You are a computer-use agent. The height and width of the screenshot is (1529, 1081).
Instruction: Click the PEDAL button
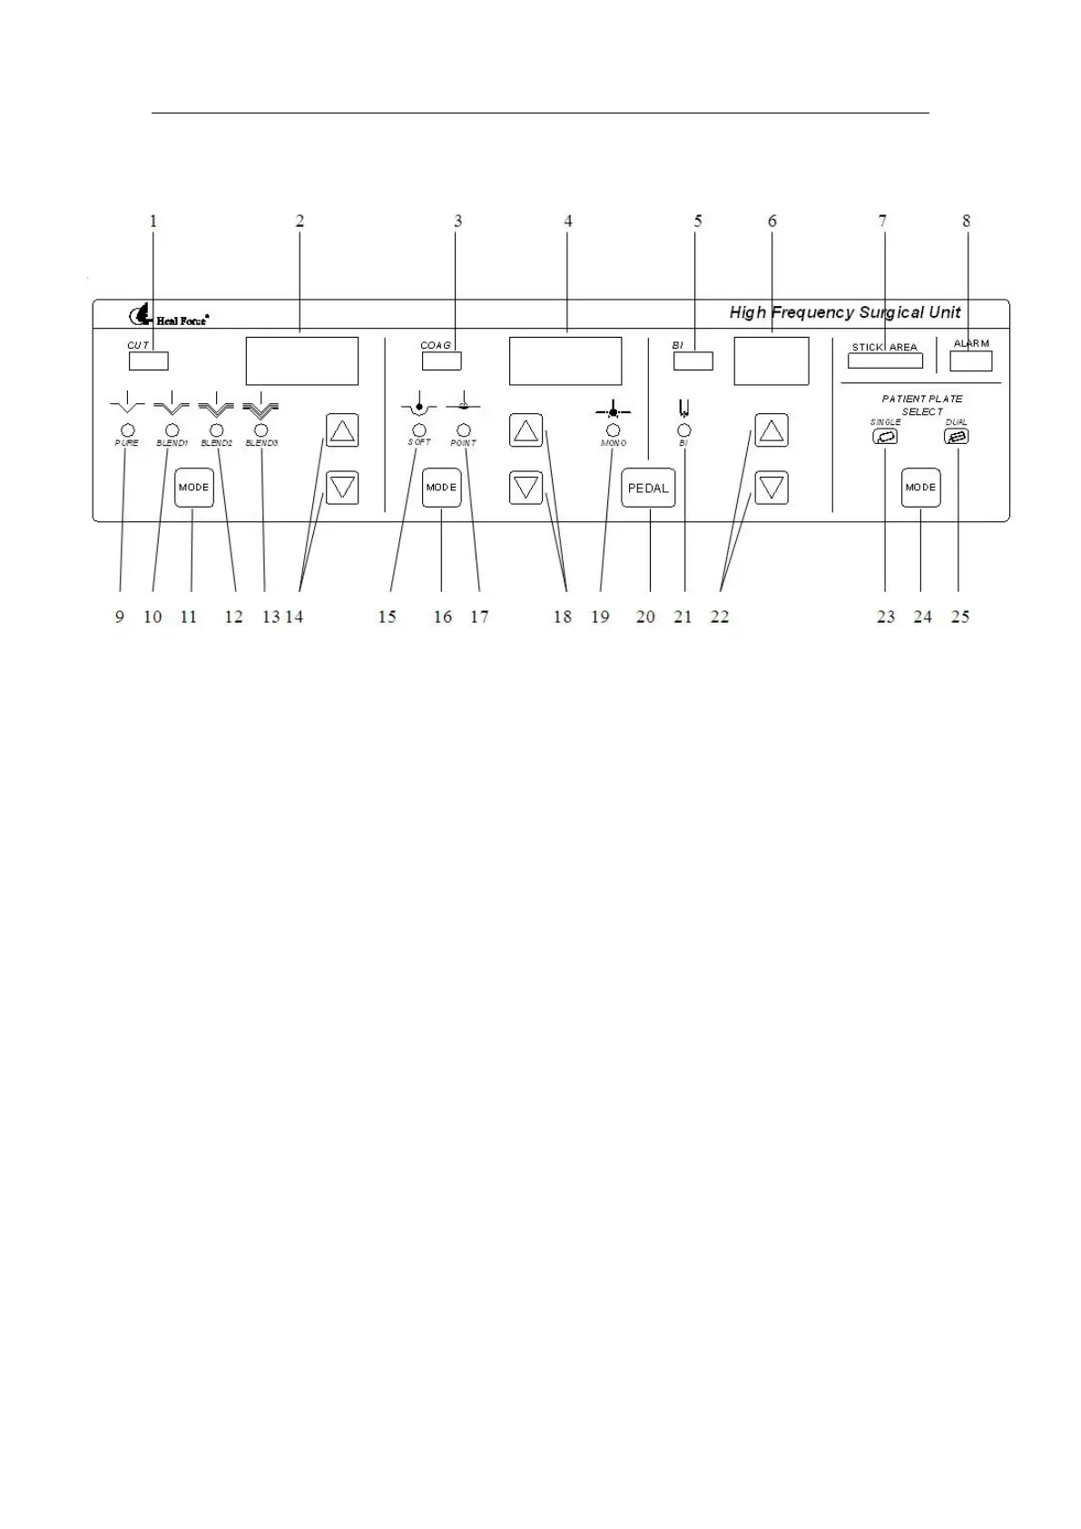pyautogui.click(x=648, y=488)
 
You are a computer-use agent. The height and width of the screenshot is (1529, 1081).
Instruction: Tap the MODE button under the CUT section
pyautogui.click(x=193, y=488)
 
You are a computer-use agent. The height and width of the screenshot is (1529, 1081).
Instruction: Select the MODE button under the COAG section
pyautogui.click(x=442, y=488)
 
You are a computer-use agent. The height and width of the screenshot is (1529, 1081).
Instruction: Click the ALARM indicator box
pyautogui.click(x=970, y=360)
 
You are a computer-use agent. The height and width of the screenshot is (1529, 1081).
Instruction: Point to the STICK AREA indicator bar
pyautogui.click(x=885, y=360)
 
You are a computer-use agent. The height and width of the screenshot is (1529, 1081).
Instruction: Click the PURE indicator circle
pyautogui.click(x=127, y=429)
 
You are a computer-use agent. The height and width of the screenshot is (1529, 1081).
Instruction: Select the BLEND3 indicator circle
pyautogui.click(x=261, y=429)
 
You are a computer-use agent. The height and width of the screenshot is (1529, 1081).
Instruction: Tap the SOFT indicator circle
pyautogui.click(x=418, y=429)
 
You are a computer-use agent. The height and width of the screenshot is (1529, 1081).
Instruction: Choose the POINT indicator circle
pyautogui.click(x=463, y=429)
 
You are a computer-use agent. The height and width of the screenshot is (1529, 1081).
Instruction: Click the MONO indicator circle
pyautogui.click(x=614, y=429)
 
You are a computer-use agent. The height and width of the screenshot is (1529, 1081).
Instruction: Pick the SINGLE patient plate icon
pyautogui.click(x=885, y=437)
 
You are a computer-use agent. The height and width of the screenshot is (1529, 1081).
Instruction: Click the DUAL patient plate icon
pyautogui.click(x=957, y=437)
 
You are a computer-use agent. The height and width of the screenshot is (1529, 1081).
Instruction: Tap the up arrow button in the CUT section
pyautogui.click(x=342, y=430)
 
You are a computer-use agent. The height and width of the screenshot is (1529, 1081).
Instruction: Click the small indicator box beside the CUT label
pyautogui.click(x=149, y=361)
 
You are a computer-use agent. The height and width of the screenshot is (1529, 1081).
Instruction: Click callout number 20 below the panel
pyautogui.click(x=645, y=617)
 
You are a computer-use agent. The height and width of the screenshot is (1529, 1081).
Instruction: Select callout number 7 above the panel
pyautogui.click(x=882, y=221)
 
